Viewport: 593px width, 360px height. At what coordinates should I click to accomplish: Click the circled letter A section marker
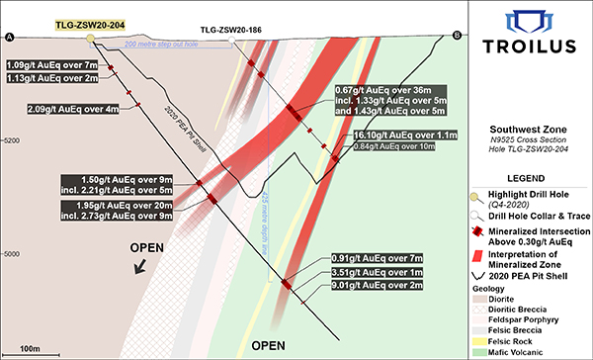click(x=10, y=37)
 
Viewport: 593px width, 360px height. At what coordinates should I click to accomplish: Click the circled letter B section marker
click(x=457, y=37)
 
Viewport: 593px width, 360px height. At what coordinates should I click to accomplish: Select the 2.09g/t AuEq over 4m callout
click(x=72, y=109)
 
